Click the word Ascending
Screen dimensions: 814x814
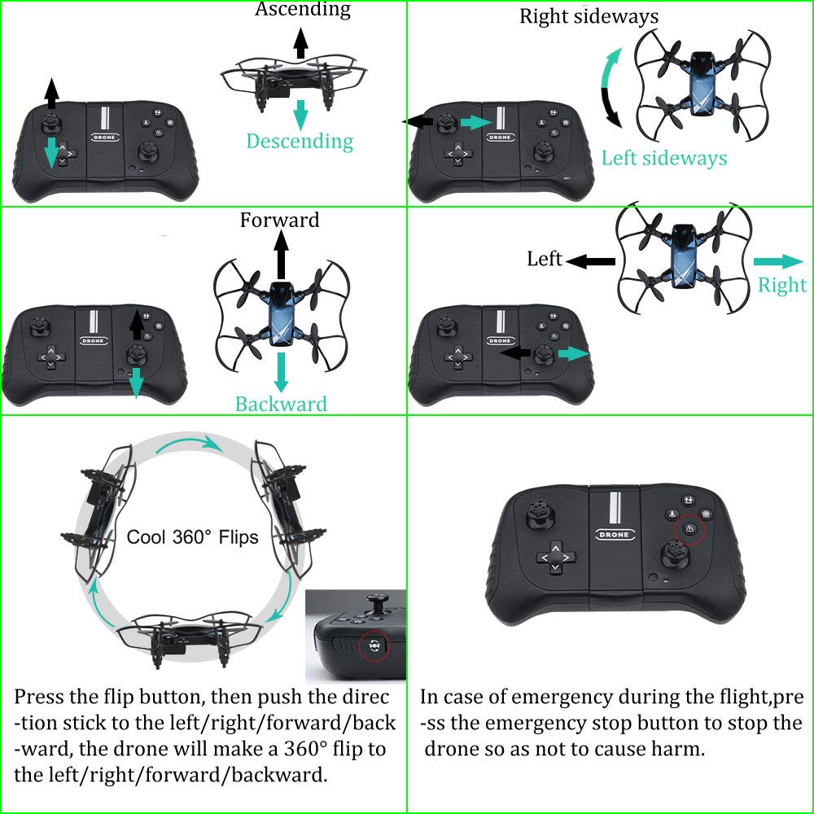pos(303,10)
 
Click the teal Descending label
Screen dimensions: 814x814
pos(300,142)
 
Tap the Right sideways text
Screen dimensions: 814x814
pos(589,16)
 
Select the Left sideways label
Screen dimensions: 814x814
pos(664,158)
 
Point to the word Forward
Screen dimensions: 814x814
pos(279,221)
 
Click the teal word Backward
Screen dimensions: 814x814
pos(281,405)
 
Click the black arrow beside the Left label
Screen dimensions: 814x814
pos(591,261)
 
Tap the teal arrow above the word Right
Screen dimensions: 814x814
pos(778,261)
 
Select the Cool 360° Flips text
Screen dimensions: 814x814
pos(193,537)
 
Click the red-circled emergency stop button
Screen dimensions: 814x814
pos(689,528)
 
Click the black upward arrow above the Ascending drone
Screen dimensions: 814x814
pos(300,42)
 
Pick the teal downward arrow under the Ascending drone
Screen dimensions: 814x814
pos(300,114)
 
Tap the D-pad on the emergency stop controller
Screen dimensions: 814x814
pos(555,558)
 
